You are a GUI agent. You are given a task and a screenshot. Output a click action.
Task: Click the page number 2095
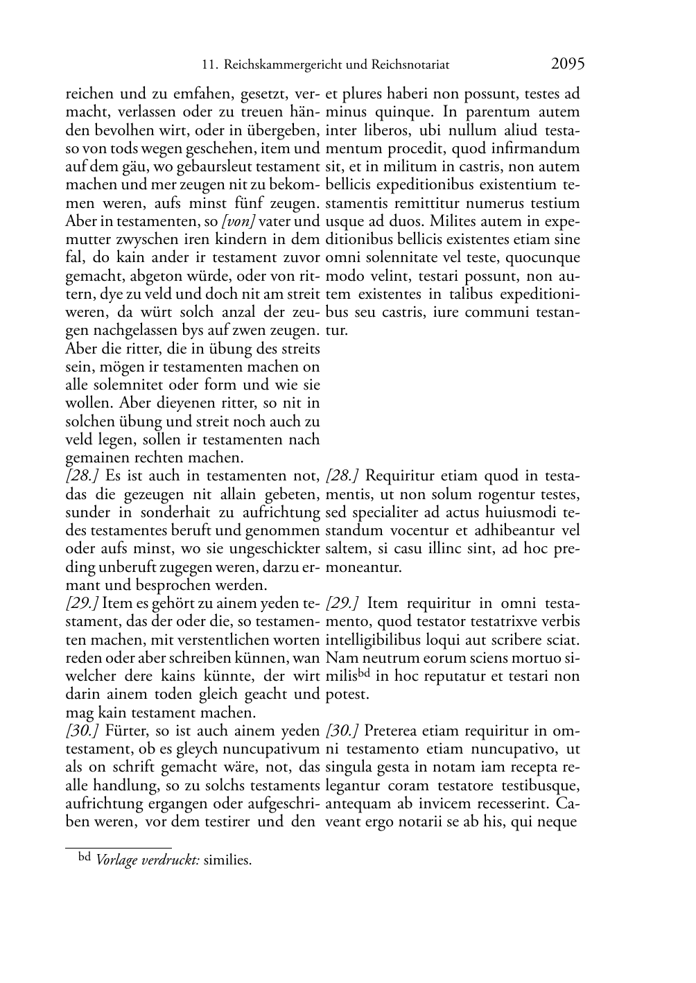click(568, 64)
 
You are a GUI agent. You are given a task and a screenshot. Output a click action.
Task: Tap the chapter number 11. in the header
click(209, 66)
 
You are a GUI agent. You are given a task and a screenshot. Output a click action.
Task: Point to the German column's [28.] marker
click(82, 476)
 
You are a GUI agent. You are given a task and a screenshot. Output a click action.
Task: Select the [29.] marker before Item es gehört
click(82, 603)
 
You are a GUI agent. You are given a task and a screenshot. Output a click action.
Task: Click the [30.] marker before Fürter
click(82, 731)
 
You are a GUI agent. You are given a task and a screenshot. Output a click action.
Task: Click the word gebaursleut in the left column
click(220, 167)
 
